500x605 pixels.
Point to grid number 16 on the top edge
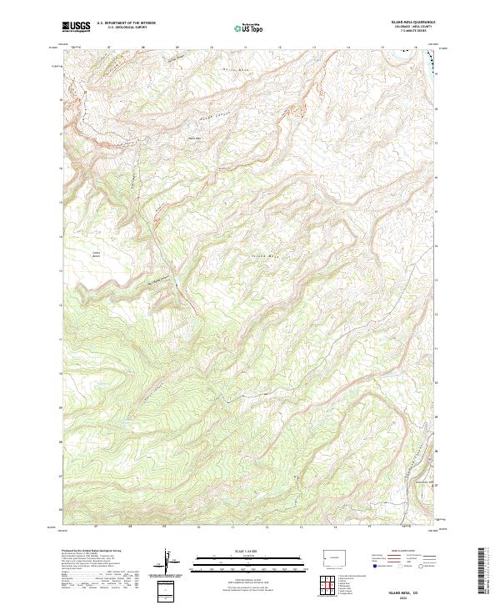coord(415,48)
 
